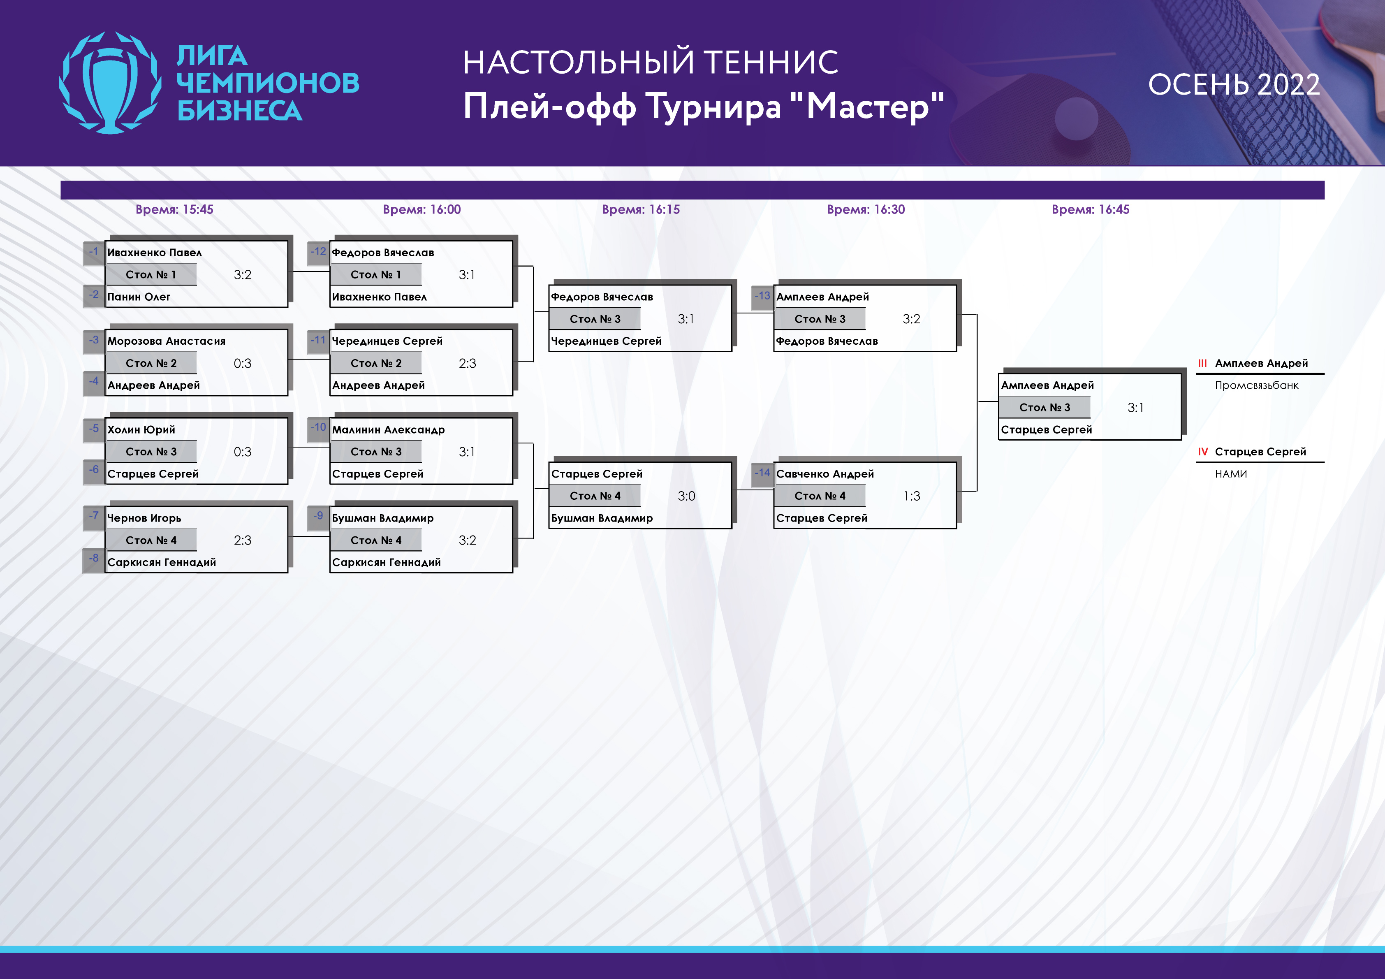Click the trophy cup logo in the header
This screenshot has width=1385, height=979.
110,83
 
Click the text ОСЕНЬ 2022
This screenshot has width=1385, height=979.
1234,84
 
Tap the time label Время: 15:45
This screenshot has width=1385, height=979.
174,209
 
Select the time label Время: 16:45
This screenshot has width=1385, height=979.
1090,209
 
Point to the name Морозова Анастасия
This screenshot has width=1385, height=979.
167,341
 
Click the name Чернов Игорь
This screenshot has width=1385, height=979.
144,518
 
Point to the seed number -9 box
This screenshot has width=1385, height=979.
318,516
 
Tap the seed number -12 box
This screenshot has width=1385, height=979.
318,251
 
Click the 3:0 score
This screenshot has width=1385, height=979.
686,496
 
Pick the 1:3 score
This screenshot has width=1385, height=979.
911,496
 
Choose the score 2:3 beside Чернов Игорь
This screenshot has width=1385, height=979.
243,540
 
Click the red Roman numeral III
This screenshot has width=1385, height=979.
1202,363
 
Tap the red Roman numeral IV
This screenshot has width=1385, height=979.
1203,452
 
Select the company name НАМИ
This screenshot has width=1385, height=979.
1230,474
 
